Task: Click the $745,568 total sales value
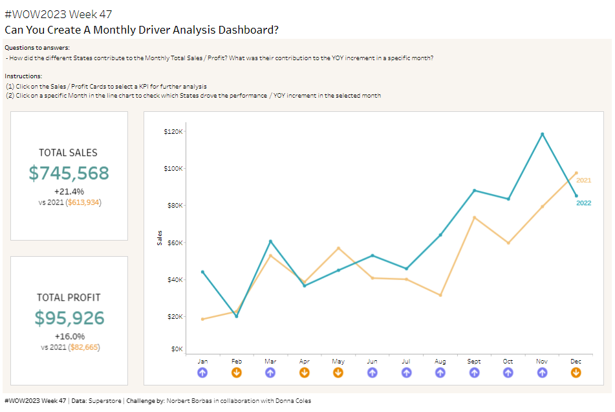69,173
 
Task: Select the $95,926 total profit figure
69,318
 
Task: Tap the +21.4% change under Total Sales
69,191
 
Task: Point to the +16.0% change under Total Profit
69,336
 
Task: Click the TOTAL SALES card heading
69,153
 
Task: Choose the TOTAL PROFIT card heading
69,298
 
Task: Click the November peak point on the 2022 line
542,134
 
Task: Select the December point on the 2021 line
576,173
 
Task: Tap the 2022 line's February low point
236,316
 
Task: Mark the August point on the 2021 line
440,295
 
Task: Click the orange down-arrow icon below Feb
236,373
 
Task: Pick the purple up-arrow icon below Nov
542,373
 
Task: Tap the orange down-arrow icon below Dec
576,373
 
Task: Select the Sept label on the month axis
474,362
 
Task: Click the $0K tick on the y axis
177,349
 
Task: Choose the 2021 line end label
583,180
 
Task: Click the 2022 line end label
583,203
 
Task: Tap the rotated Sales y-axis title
160,238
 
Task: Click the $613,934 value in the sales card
84,202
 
